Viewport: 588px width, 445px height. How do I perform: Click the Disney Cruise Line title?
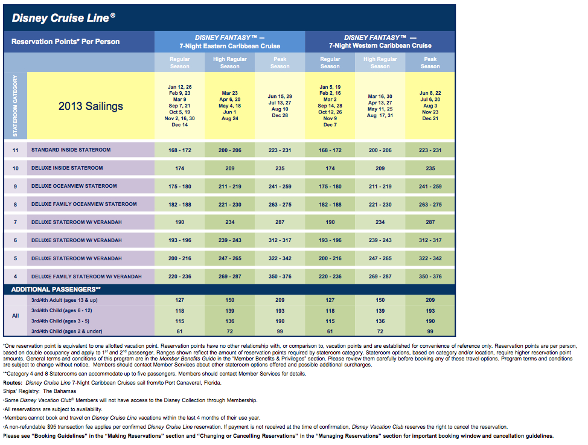(63, 18)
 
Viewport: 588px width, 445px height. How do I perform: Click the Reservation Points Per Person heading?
(66, 42)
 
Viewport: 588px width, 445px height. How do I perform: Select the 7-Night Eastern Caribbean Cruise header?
(229, 46)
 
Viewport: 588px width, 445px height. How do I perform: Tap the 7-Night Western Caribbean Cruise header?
(380, 45)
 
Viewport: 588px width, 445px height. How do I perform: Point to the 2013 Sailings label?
(91, 106)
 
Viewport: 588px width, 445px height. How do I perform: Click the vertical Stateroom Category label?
(15, 106)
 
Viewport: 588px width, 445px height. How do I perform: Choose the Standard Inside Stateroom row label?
(71, 150)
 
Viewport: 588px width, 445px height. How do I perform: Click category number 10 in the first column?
(15, 168)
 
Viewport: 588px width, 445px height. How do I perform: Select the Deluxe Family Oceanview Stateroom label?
(84, 204)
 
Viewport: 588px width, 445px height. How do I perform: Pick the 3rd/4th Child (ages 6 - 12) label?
(62, 310)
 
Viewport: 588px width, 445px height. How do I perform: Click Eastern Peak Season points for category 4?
(280, 277)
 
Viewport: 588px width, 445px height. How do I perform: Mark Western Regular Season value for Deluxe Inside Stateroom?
(330, 168)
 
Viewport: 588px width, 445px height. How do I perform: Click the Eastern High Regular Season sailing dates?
(230, 106)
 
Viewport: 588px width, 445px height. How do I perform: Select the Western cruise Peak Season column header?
(430, 63)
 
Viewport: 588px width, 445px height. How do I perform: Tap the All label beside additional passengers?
(15, 316)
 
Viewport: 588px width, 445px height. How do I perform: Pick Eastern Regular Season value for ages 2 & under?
(180, 331)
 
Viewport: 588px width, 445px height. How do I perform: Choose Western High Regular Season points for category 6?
(380, 240)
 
